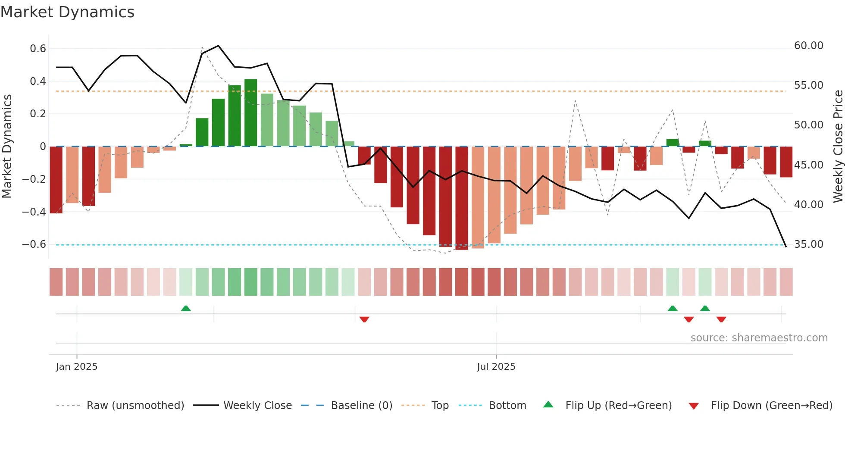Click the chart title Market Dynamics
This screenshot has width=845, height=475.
click(x=67, y=12)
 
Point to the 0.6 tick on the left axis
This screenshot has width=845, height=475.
click(x=38, y=49)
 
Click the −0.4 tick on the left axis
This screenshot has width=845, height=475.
click(x=34, y=212)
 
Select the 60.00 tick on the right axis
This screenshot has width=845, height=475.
click(x=808, y=46)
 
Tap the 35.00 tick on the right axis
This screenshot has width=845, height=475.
click(x=808, y=244)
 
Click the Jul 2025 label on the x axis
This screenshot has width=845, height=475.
click(x=496, y=367)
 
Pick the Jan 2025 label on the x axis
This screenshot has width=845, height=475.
click(x=77, y=367)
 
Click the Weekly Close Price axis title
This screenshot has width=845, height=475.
click(x=838, y=146)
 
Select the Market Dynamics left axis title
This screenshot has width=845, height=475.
click(x=7, y=146)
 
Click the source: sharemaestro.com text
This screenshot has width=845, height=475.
click(x=759, y=338)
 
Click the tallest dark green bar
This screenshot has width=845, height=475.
click(x=250, y=113)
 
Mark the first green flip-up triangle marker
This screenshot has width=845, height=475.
click(x=186, y=309)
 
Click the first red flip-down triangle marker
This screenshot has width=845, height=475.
click(x=364, y=319)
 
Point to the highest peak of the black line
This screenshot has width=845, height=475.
click(x=219, y=46)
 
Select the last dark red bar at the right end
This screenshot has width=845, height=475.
click(x=786, y=162)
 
